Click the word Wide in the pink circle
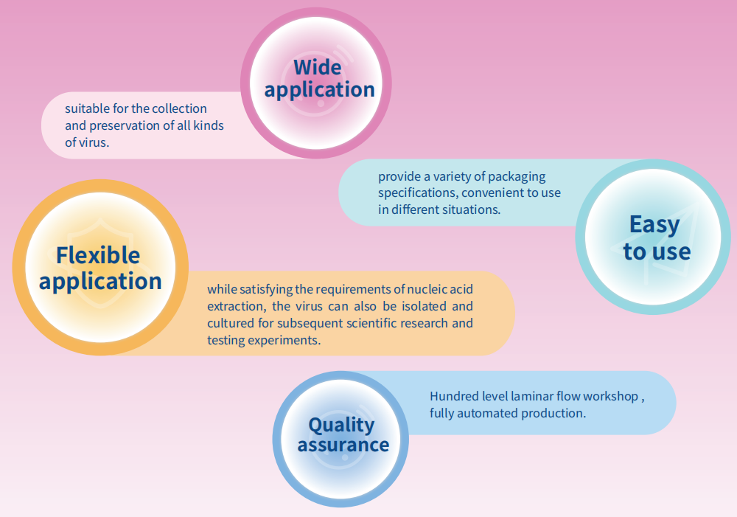[317, 67]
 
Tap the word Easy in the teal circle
[654, 225]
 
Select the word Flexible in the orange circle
[98, 255]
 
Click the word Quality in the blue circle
[341, 426]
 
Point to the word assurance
[343, 445]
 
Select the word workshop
[611, 397]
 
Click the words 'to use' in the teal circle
[657, 251]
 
